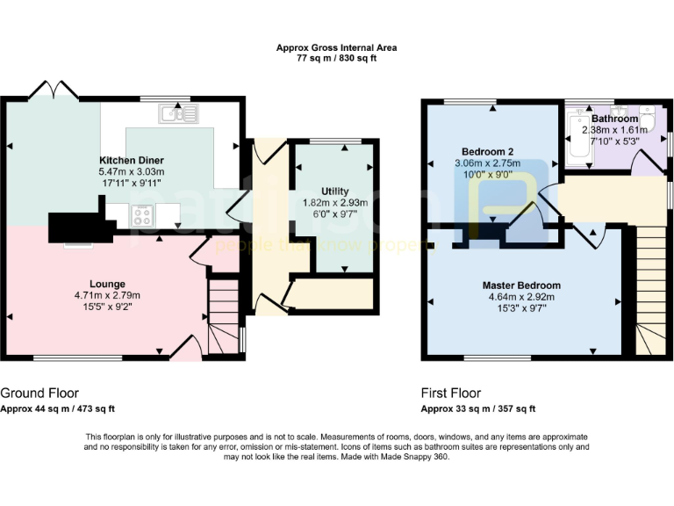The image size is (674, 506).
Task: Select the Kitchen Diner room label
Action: [132, 161]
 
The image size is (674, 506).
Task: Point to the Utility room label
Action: [334, 191]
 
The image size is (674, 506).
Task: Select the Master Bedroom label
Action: [520, 286]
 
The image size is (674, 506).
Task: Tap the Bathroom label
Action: [614, 119]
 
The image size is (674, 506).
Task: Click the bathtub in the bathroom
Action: [577, 136]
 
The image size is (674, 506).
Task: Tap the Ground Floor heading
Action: [39, 393]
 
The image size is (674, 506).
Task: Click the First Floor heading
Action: [455, 393]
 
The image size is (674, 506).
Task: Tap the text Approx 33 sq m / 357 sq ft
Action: [478, 408]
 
